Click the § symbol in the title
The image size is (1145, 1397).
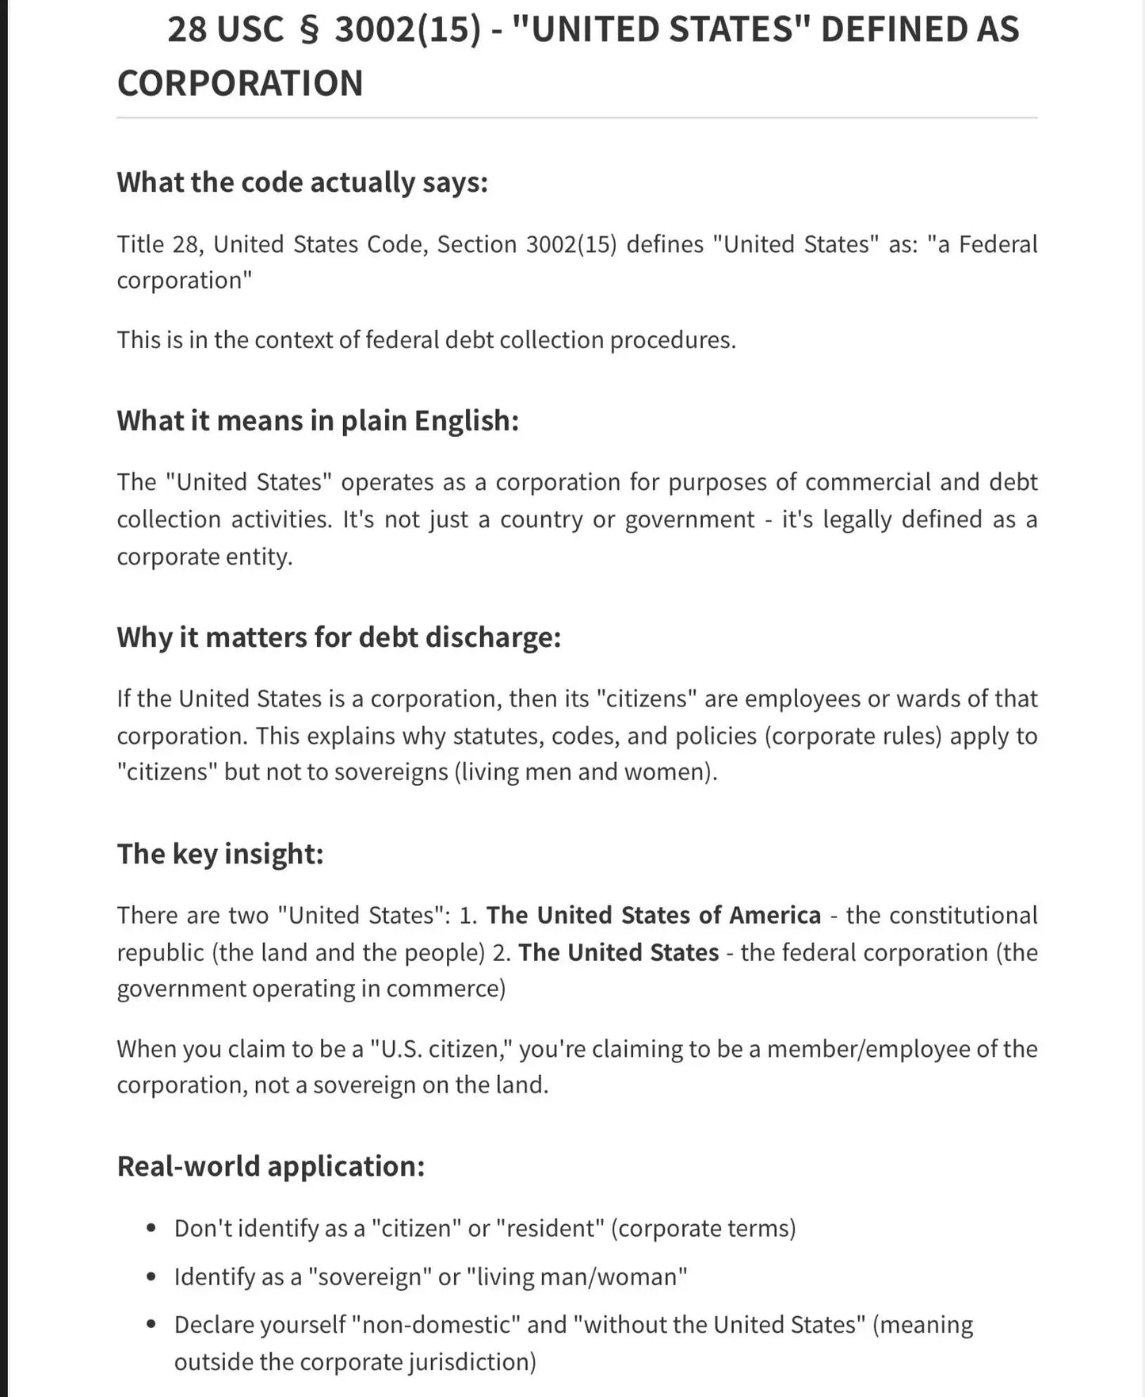click(x=309, y=30)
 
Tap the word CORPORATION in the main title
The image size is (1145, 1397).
click(x=240, y=83)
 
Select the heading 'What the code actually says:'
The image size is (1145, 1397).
click(x=302, y=182)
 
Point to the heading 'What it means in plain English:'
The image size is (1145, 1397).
click(x=318, y=420)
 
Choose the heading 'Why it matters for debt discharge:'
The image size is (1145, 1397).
click(x=339, y=637)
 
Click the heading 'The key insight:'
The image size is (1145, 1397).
click(x=220, y=854)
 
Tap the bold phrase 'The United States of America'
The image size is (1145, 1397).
click(x=653, y=915)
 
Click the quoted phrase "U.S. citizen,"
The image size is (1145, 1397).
click(x=444, y=1049)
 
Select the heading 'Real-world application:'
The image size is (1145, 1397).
click(x=271, y=1166)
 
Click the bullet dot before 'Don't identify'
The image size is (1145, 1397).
click(x=152, y=1229)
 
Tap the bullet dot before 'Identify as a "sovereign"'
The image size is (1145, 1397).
click(x=152, y=1277)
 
